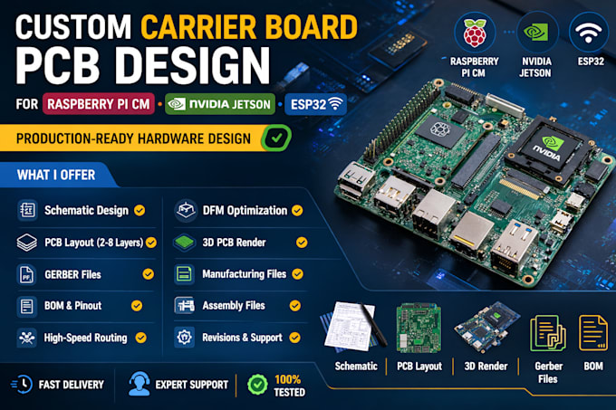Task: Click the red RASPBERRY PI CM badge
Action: [99, 104]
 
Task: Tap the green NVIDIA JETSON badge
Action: [220, 104]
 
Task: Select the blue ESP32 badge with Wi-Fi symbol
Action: [316, 104]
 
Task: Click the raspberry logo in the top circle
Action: [475, 33]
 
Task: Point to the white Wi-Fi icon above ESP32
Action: [588, 33]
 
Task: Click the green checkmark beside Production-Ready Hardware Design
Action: [276, 138]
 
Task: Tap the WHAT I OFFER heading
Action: [56, 175]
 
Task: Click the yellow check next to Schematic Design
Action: [140, 211]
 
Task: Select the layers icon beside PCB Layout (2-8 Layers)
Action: [26, 243]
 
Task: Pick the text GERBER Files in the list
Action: [72, 274]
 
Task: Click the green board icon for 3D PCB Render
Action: [184, 243]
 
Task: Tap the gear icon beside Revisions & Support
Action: [184, 337]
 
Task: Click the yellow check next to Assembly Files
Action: [295, 306]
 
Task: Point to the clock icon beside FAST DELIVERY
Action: [22, 384]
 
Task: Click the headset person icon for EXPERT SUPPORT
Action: [140, 384]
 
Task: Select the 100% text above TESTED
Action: [287, 379]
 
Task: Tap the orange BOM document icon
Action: [593, 333]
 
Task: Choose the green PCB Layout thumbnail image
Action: [419, 328]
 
